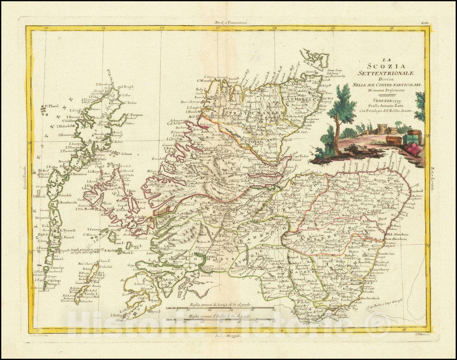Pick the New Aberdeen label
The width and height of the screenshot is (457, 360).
399,239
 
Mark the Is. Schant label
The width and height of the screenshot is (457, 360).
124,154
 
